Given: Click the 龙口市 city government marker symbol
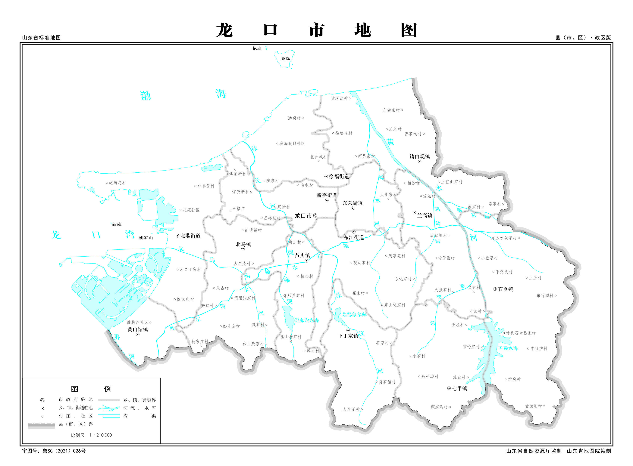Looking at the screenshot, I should coord(315,215).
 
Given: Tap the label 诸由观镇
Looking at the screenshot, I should coord(420,156).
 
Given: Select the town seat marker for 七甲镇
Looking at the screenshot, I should coord(449,388).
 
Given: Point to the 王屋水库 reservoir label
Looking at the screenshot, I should coord(508,348).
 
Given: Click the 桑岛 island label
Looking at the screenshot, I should coord(285,59).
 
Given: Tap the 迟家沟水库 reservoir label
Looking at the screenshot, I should coord(307,320).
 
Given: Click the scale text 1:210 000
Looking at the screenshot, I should coord(101,435).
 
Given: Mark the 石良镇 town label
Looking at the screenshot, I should coord(505,289).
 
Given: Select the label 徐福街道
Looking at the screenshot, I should coord(339,177).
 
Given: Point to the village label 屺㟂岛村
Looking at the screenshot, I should coord(118,183).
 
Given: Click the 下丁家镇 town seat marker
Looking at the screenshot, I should coord(348,330).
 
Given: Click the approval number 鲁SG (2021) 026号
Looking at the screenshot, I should coord(64,451).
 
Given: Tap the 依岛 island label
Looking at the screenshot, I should coord(257,48).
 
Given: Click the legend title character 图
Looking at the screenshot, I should coord(74,389).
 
